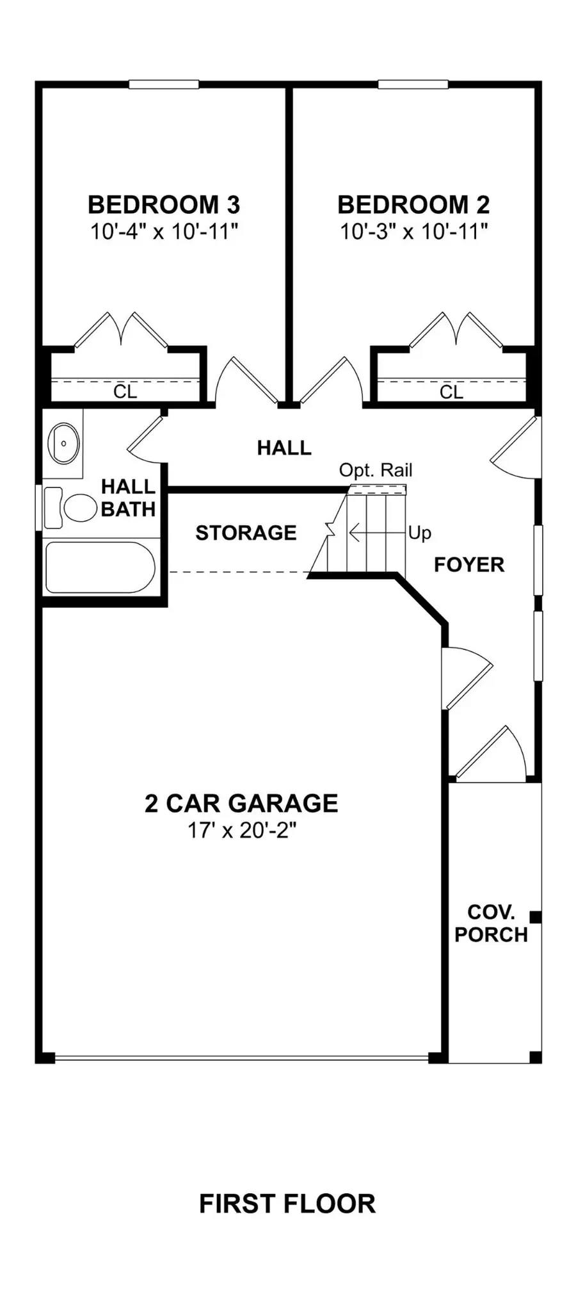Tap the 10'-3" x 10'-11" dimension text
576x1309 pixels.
[413, 231]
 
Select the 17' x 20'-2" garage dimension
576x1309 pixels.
[241, 830]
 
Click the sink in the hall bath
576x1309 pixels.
[63, 443]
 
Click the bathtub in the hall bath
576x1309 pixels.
[100, 567]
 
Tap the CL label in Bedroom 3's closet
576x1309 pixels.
[125, 391]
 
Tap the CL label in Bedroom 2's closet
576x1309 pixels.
[451, 391]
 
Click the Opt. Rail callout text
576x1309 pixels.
[376, 470]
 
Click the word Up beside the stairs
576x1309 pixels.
[420, 533]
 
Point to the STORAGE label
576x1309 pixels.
[246, 533]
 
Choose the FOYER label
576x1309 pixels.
[469, 565]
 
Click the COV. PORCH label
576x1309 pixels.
[491, 923]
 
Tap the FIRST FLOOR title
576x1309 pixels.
[287, 1203]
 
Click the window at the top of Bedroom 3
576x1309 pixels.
[163, 84]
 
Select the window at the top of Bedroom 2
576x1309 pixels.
[413, 84]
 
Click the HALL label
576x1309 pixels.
[284, 448]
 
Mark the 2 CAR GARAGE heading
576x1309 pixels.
[241, 803]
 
